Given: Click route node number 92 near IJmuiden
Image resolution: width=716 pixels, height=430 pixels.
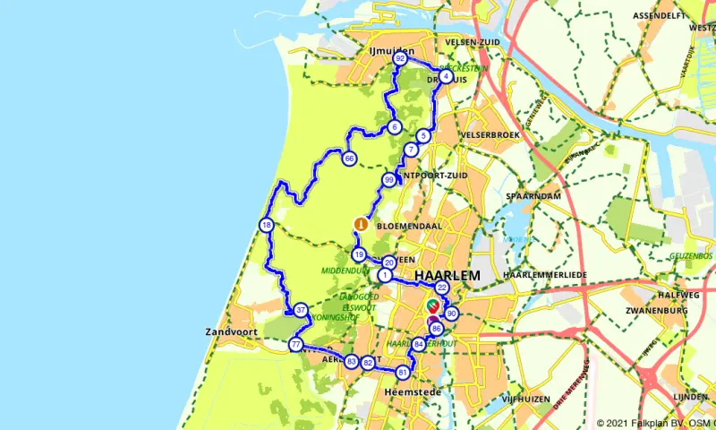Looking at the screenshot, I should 400,59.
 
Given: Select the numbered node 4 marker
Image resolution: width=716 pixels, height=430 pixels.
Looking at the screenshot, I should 445,76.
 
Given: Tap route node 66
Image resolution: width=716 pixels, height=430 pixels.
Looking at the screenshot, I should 349,159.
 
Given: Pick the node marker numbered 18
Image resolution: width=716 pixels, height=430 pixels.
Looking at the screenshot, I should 266,225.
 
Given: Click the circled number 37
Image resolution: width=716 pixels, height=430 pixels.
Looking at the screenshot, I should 301,311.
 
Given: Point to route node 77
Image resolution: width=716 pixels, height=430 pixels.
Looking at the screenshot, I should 295,344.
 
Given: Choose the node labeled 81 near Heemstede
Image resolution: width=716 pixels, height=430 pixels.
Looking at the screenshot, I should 403,372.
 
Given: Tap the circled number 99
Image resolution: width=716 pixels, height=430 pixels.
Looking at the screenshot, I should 388,180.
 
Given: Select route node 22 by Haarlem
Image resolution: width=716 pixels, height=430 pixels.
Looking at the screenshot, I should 441,288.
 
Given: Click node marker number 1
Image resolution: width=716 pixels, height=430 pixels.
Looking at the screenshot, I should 384,275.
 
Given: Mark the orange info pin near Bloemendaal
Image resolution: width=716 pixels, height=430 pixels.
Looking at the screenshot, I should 360,225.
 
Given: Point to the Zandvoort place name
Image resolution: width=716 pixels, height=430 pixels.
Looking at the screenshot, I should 232,331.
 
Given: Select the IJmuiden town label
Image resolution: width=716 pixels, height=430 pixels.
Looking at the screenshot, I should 390,50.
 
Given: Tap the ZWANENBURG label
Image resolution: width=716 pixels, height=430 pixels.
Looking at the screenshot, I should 656,310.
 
